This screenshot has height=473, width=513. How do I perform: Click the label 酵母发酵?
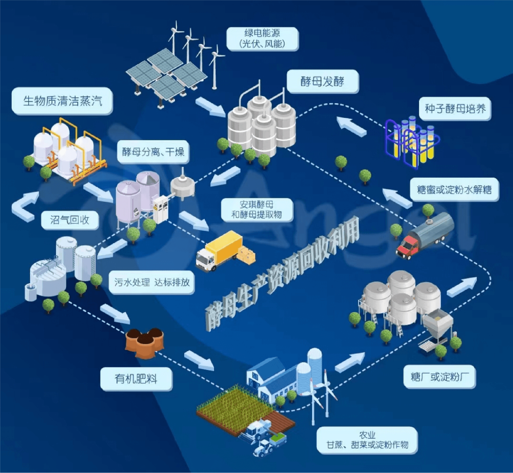coord(322,81)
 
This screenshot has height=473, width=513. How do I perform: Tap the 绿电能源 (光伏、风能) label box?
coord(262,39)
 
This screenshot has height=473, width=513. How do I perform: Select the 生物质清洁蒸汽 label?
coord(62,101)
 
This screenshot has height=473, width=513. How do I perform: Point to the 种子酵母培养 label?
coord(455,109)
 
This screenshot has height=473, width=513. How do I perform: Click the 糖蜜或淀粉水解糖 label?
coord(454,190)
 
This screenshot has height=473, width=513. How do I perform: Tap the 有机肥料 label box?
coord(136,379)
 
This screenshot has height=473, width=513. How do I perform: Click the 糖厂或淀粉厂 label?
coord(440,377)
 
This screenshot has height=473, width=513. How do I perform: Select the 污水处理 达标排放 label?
coord(152,282)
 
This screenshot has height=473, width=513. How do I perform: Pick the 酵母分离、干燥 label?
coord(153,152)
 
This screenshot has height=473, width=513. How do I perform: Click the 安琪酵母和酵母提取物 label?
coord(257,210)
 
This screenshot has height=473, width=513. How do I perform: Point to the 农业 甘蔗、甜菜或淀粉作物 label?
coord(367,440)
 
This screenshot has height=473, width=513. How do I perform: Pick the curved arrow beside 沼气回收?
coord(24,207)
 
